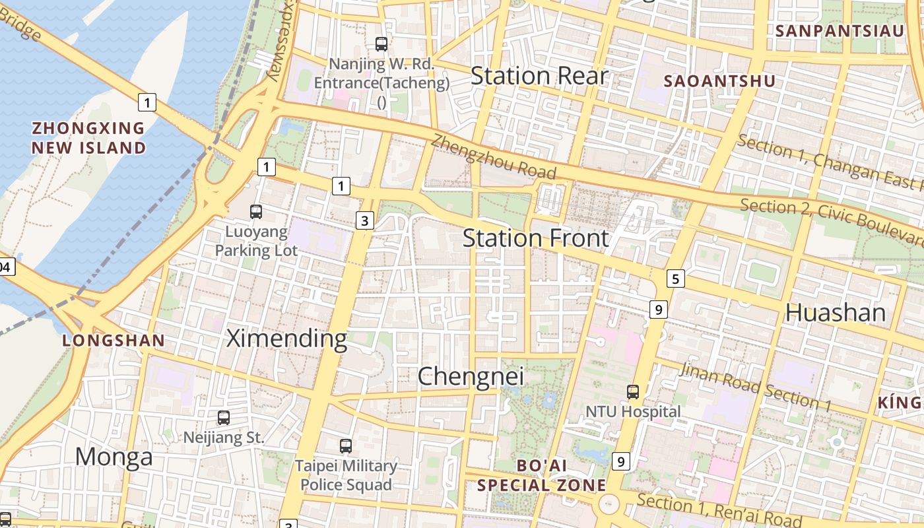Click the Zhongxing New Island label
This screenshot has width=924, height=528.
(88, 137)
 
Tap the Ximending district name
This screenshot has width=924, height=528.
(286, 339)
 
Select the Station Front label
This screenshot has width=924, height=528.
(535, 238)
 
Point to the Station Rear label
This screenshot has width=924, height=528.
(539, 76)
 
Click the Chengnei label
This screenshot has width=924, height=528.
(471, 376)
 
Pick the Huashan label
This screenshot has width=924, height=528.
(835, 312)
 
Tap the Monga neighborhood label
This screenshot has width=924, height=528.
(114, 457)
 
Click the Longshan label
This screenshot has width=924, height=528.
(114, 341)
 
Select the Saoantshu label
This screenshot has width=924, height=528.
(719, 81)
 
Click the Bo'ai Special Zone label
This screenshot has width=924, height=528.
(541, 475)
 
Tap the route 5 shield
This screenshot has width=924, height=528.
(675, 279)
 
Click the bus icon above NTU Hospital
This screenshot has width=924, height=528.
(633, 391)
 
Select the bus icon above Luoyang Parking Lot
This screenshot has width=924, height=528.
(256, 212)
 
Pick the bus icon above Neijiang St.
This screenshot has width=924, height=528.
(224, 417)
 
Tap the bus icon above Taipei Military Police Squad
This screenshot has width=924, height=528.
(346, 445)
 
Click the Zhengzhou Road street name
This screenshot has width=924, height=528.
(494, 157)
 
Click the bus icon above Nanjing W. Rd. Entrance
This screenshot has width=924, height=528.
(381, 44)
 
